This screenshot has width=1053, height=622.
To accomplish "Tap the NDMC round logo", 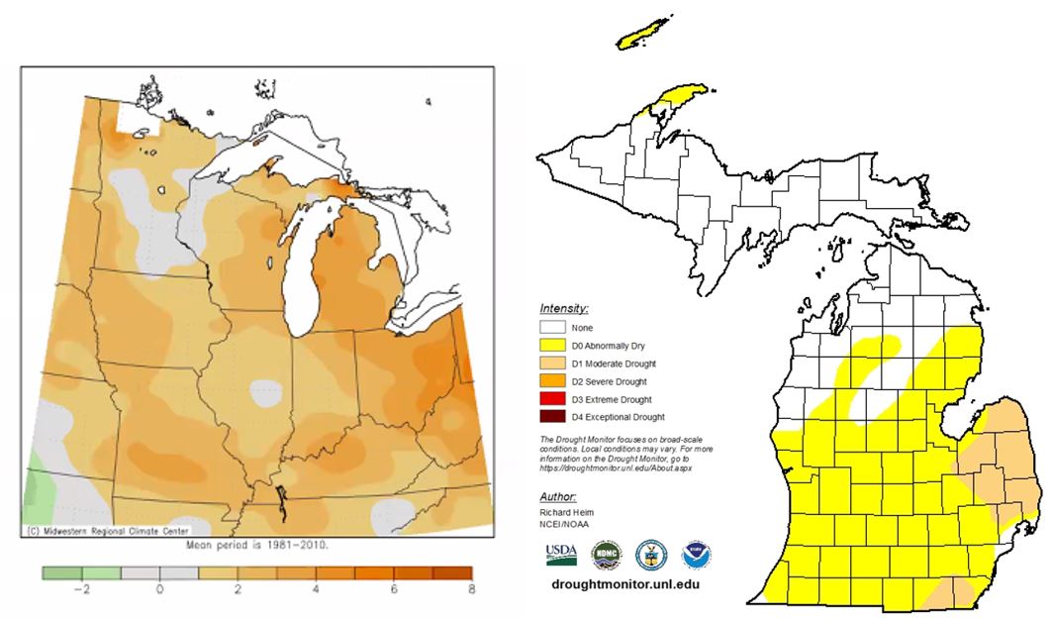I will click(x=605, y=554).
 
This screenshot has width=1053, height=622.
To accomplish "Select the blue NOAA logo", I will click(x=697, y=554).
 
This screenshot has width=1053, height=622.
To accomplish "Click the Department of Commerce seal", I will click(x=651, y=554).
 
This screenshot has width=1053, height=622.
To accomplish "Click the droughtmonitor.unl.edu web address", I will click(x=631, y=584).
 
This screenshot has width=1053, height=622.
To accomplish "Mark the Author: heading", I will click(x=558, y=495).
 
